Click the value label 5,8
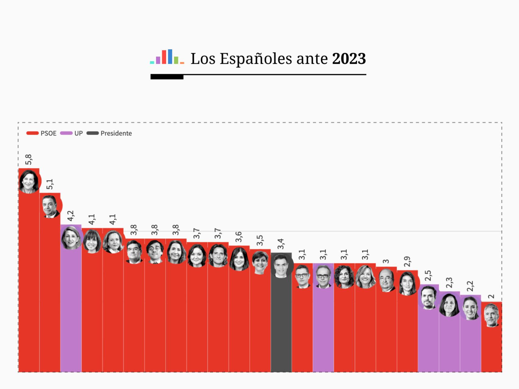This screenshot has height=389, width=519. click(28, 160)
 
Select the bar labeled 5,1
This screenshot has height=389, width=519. click(50, 289)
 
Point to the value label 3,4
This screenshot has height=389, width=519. click(281, 244)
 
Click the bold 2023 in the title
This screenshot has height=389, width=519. click(349, 59)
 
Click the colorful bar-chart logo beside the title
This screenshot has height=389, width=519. click(167, 57)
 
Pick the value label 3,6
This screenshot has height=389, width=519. click(239, 237)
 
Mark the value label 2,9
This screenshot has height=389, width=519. click(407, 262)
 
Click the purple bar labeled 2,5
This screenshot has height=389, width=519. click(428, 340)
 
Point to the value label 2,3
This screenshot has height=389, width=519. click(449, 283)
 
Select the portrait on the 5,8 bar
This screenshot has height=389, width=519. click(29, 181)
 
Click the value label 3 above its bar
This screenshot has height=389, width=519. click(386, 261)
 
